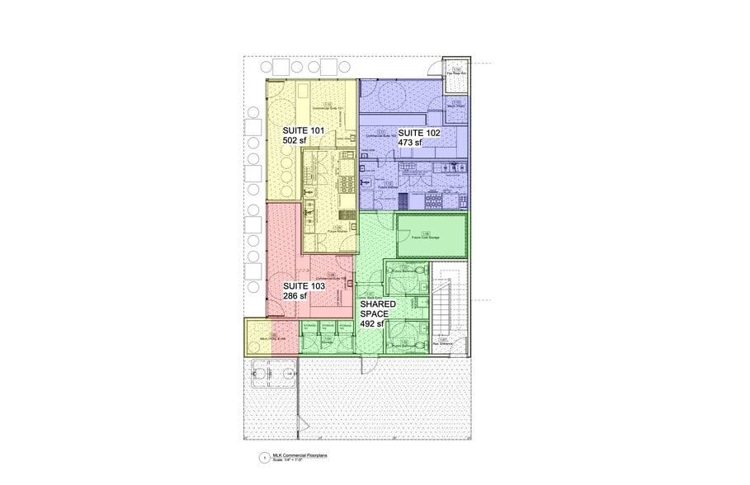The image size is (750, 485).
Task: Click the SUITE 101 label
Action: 304,130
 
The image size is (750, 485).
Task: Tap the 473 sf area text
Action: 410,143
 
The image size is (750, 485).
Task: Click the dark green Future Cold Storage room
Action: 432,237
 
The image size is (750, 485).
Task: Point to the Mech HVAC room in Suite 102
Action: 455,106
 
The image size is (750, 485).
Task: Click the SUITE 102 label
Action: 419,132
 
